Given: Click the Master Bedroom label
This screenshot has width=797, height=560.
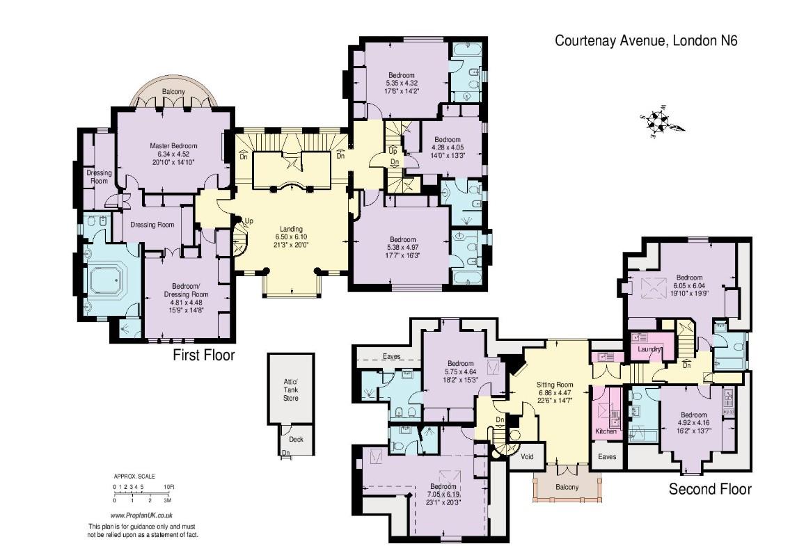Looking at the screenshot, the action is click(x=173, y=146).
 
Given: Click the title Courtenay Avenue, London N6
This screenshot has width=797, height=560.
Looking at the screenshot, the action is click(x=645, y=40).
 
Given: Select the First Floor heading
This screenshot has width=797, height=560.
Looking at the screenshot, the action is click(x=204, y=355).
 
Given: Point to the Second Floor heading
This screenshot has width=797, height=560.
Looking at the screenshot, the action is click(x=709, y=489).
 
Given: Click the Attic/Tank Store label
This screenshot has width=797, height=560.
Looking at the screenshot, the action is click(x=291, y=390).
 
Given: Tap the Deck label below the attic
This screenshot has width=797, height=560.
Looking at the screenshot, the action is click(x=296, y=439).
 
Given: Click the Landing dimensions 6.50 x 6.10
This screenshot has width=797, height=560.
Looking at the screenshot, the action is click(x=291, y=237).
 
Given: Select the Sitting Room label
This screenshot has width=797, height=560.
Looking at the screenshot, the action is click(x=555, y=385).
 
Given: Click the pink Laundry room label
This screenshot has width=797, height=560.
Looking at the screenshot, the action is click(x=649, y=349).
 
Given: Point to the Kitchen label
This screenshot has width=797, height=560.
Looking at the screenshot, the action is click(x=606, y=431).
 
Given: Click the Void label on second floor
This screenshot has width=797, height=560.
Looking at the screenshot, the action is click(x=527, y=456).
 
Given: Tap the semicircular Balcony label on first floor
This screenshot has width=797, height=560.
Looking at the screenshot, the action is click(x=173, y=91).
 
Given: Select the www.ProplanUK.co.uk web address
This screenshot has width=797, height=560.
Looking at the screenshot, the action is click(x=141, y=515).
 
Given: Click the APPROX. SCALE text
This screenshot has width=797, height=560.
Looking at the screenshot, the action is click(x=134, y=477).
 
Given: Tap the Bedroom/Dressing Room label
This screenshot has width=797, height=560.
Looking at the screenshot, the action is click(x=186, y=290).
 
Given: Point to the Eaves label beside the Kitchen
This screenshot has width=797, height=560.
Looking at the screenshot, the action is click(x=607, y=456).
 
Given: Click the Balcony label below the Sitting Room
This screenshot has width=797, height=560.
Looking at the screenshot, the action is click(x=567, y=487).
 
